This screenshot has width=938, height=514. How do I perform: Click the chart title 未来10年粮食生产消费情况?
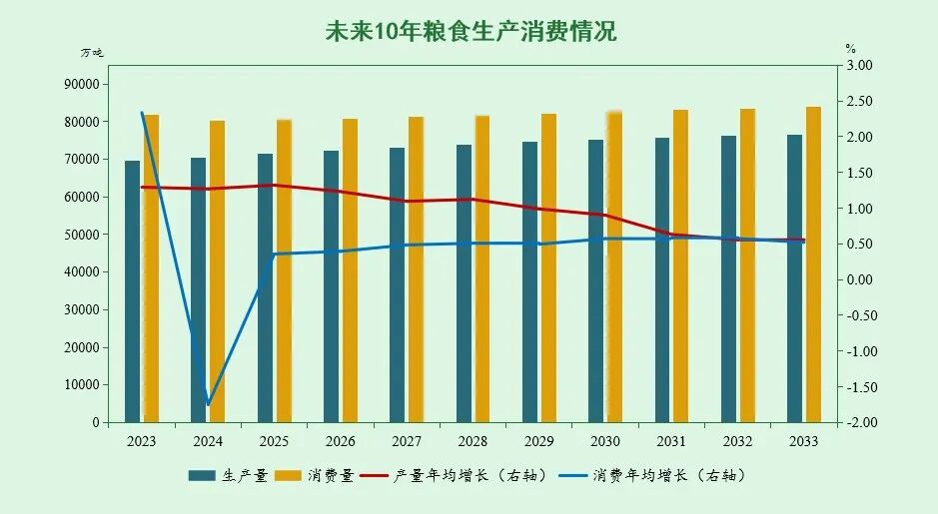point(470,32)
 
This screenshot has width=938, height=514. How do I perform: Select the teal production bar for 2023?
point(133,291)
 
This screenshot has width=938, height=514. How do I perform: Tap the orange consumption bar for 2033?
point(813,264)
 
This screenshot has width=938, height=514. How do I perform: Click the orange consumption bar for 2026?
point(350,270)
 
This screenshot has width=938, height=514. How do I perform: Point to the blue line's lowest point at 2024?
point(208,404)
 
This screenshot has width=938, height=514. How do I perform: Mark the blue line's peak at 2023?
point(142,113)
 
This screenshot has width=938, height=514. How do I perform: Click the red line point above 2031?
point(671,235)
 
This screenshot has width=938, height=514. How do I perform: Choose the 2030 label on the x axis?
point(605,441)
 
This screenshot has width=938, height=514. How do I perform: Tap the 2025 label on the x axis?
point(274,441)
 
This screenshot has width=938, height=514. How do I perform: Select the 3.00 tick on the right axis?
point(859,66)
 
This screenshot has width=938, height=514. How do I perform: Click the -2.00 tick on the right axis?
point(859,422)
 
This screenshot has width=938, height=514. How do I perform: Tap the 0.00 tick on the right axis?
point(859,279)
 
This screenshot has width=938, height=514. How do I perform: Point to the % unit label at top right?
point(850,48)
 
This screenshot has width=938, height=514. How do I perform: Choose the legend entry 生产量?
point(228,476)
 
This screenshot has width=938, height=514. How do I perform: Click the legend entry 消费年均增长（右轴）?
point(651,476)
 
